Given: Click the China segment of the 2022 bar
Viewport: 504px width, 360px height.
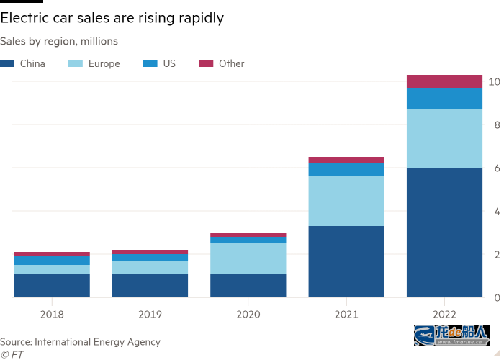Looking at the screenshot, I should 444,232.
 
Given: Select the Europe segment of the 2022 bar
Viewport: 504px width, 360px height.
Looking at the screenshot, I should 444,138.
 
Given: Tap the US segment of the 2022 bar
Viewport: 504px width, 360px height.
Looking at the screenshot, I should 444,99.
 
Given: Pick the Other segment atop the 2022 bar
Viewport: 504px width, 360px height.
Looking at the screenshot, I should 444,81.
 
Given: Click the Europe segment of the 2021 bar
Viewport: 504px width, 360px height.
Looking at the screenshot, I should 346,201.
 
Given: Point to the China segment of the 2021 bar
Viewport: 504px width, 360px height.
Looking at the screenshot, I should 346,261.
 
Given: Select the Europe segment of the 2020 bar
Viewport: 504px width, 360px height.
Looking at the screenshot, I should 248,258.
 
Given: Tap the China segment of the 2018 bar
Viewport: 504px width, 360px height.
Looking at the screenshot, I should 52,285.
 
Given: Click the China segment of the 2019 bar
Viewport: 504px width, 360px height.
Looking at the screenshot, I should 150,285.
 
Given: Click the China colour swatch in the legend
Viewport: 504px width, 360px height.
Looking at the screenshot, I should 7,63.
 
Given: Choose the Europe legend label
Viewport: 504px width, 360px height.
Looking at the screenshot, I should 104,63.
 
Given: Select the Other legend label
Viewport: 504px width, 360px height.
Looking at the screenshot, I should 232,63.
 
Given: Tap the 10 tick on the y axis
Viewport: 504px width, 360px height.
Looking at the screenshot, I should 494,81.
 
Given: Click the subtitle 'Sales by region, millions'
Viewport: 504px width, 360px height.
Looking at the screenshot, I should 59,42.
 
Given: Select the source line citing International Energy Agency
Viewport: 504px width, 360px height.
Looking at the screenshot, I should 80,341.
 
